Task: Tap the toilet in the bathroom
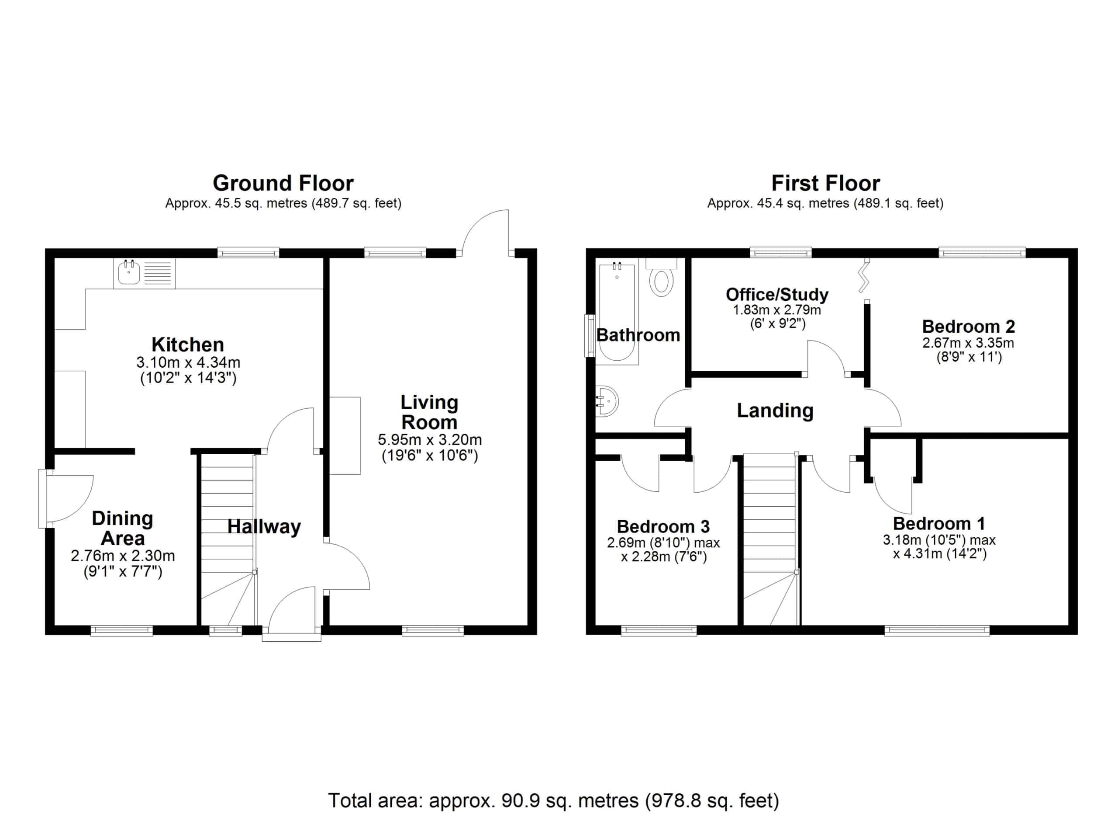pyautogui.click(x=661, y=277)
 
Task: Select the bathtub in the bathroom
pyautogui.click(x=617, y=311)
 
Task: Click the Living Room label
pyautogui.click(x=429, y=412)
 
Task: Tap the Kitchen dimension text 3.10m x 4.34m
pyautogui.click(x=188, y=362)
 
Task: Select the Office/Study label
pyautogui.click(x=777, y=295)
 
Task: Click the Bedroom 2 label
pyautogui.click(x=968, y=327)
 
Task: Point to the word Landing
pyautogui.click(x=775, y=410)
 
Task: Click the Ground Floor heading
pyautogui.click(x=283, y=183)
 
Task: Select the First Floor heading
pyautogui.click(x=825, y=183)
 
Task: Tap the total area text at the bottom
pyautogui.click(x=554, y=800)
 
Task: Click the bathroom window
pyautogui.click(x=590, y=335)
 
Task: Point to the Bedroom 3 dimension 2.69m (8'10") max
pyautogui.click(x=663, y=543)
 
